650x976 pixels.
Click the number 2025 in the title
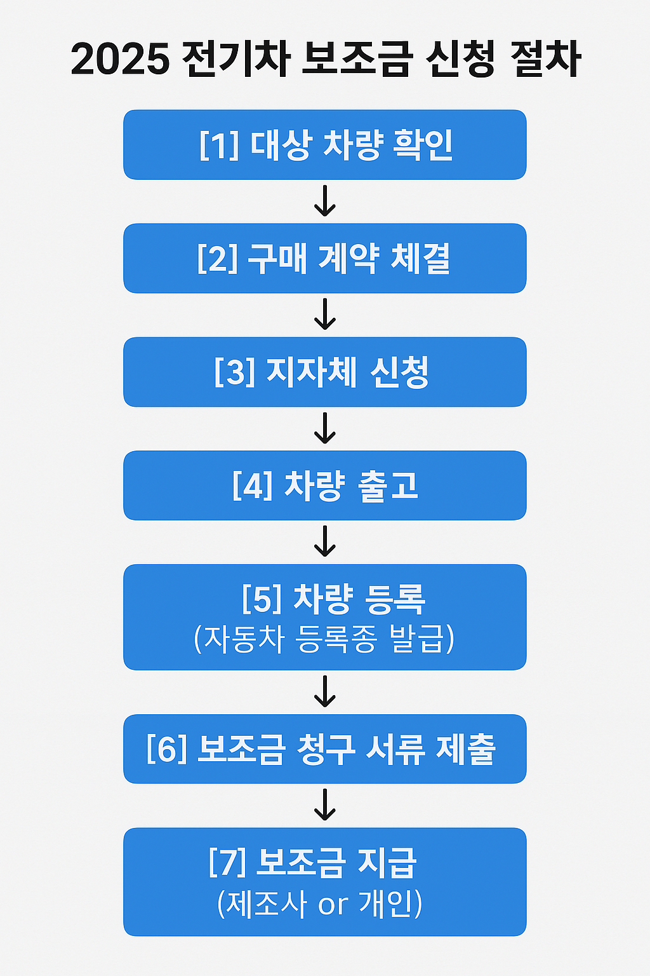120,60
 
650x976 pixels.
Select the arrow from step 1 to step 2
325,201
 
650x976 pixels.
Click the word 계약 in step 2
348,259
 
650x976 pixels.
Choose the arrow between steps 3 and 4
325,428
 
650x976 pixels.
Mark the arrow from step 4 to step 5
325,542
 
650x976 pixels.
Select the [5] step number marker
262,599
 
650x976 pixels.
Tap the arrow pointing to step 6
325,691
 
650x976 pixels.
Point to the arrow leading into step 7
325,805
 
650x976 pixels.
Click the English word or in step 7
333,904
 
